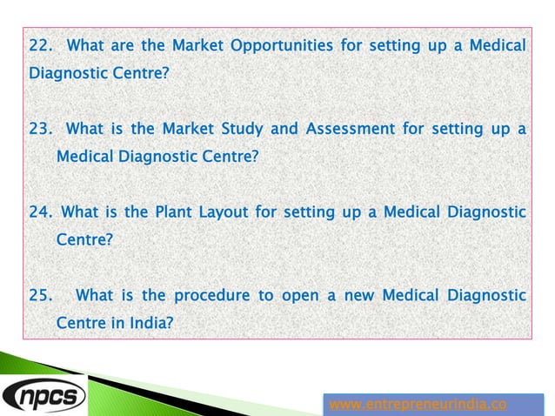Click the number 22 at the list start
(x=40, y=44)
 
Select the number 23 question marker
(x=40, y=130)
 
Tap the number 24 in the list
(x=40, y=211)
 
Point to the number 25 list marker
(x=40, y=295)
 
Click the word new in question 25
(x=357, y=295)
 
